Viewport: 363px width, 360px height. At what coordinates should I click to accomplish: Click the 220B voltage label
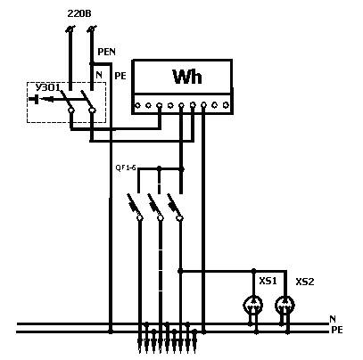(79, 13)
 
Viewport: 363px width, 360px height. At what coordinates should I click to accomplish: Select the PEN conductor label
(107, 52)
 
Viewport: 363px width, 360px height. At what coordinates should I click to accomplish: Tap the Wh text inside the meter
(187, 77)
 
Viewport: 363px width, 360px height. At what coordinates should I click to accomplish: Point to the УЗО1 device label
(47, 87)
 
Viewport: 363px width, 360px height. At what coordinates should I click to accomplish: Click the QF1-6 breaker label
(126, 168)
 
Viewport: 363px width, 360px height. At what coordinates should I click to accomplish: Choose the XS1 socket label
(268, 281)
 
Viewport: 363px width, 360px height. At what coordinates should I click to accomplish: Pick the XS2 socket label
(305, 282)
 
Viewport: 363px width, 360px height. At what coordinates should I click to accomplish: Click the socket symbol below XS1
(253, 305)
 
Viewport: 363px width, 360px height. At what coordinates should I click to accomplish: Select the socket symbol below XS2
(285, 305)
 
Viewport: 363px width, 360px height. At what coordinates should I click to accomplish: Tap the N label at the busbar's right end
(333, 319)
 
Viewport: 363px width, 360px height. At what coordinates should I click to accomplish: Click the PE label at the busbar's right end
(337, 330)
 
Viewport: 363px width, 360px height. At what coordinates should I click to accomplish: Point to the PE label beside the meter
(120, 76)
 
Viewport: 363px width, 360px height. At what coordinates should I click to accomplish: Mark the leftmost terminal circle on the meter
(137, 105)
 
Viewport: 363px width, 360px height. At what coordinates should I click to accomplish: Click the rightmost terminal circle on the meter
(226, 105)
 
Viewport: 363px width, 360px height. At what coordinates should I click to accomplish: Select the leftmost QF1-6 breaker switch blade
(134, 205)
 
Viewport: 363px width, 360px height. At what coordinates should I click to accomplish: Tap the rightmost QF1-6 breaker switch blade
(174, 205)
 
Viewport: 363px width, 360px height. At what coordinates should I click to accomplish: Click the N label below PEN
(99, 75)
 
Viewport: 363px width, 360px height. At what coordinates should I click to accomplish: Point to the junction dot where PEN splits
(92, 63)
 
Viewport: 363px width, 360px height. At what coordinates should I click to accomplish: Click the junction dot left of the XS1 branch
(180, 271)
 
